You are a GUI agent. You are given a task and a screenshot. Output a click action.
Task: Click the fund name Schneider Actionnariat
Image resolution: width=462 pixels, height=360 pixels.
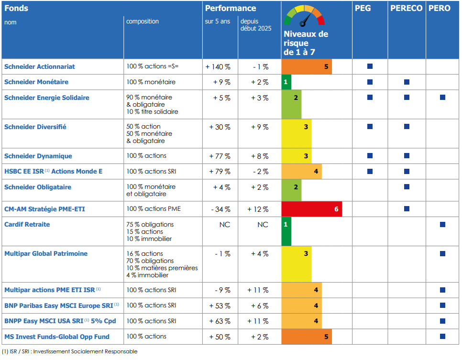[40, 66]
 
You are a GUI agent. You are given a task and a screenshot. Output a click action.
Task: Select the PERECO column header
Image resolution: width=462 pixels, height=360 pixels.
[406, 8]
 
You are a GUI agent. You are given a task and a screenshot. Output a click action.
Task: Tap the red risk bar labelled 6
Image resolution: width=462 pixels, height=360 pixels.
[311, 209]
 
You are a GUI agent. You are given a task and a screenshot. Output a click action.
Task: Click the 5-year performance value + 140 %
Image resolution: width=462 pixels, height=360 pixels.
[218, 67]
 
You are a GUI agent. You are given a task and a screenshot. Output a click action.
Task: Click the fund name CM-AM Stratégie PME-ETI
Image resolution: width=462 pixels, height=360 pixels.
[44, 209]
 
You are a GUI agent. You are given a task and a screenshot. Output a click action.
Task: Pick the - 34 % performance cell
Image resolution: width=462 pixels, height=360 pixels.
[220, 209]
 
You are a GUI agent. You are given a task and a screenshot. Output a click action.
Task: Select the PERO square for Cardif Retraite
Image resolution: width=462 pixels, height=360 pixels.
[442, 224]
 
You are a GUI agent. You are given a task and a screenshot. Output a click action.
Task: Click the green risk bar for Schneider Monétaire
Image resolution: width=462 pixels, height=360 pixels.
[286, 82]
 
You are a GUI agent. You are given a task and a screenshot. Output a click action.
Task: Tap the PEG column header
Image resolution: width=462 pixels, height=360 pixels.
[363, 8]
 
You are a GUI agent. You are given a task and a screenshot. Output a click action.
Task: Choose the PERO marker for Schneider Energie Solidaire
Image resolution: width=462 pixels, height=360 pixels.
[442, 97]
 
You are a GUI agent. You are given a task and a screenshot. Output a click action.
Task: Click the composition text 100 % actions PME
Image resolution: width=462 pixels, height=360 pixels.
[154, 209]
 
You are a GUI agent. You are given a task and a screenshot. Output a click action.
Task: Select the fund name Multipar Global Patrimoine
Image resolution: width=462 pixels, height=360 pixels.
[46, 253]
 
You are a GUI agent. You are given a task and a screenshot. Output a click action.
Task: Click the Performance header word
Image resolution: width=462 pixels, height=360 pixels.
[231, 8]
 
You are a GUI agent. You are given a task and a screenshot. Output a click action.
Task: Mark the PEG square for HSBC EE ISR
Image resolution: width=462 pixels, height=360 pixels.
[370, 171]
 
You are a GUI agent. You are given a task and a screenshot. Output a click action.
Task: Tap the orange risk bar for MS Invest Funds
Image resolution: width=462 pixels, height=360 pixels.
[306, 337]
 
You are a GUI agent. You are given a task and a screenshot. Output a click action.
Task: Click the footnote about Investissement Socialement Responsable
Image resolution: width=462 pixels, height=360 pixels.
[70, 351]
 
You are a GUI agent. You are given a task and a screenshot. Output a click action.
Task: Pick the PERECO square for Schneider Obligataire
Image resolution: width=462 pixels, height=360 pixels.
[407, 186]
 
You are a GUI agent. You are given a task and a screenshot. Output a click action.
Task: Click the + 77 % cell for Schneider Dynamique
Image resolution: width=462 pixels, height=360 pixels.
[220, 156]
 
